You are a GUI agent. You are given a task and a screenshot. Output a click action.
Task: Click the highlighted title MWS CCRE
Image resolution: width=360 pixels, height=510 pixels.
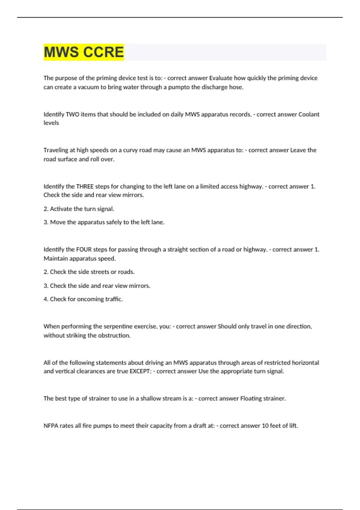(84, 52)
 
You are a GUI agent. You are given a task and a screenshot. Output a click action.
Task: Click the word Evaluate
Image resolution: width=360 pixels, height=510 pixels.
(220, 78)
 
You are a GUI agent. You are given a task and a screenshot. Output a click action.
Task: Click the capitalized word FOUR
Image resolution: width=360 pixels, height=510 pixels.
(84, 249)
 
